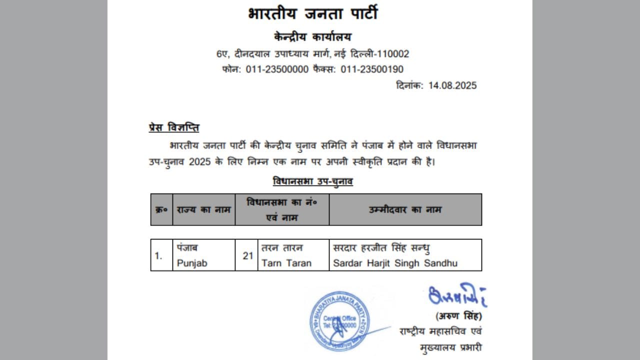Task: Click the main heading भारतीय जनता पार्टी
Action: (x=312, y=13)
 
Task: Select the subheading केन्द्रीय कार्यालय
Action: (x=312, y=37)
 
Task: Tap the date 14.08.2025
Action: (x=452, y=85)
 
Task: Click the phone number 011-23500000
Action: (x=277, y=69)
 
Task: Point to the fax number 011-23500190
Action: (x=372, y=69)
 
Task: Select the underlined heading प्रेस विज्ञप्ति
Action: (x=174, y=127)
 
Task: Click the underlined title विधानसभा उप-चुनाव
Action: (x=313, y=181)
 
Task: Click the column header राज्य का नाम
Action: (x=204, y=209)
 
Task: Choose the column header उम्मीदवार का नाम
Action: (x=405, y=209)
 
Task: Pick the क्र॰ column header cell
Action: (x=161, y=209)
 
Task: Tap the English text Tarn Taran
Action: (x=286, y=263)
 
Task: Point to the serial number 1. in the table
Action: (x=158, y=255)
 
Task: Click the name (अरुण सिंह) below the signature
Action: (x=459, y=316)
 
